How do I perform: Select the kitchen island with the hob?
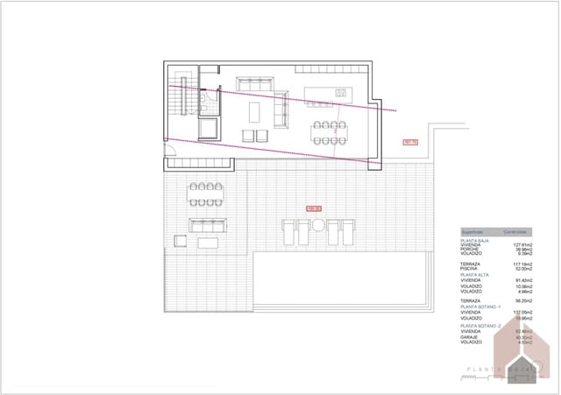tap(327, 93)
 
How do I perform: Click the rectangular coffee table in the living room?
tap(255, 112)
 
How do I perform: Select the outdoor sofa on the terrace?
tap(209, 225)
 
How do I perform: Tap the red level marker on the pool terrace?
tap(314, 208)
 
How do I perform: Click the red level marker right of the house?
tap(408, 142)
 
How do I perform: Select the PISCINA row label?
tap(470, 268)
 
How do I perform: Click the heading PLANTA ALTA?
tap(474, 274)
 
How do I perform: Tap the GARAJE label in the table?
tap(470, 337)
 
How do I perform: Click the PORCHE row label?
tap(471, 249)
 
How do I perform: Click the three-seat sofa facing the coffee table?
tap(282, 109)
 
